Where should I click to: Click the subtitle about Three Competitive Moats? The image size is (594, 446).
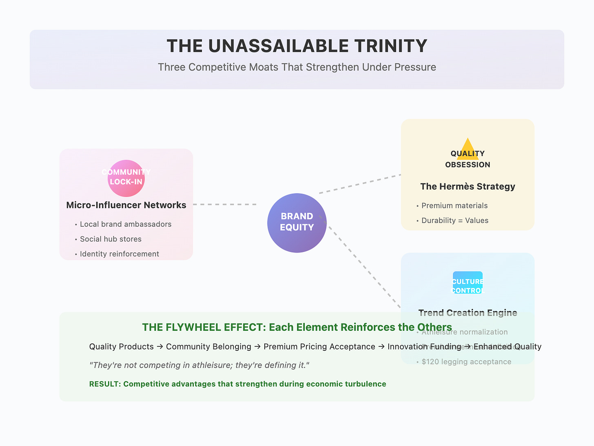click(x=297, y=67)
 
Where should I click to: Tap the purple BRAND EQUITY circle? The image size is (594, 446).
click(x=297, y=223)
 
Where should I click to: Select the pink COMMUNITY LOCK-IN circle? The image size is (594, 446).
click(x=126, y=178)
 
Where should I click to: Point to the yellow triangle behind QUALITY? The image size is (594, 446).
click(x=468, y=148)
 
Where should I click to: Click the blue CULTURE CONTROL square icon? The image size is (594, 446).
click(x=468, y=283)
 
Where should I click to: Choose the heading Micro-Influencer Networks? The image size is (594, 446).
click(x=126, y=205)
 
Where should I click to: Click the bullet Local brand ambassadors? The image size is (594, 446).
click(x=125, y=224)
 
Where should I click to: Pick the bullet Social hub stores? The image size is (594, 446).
click(x=111, y=239)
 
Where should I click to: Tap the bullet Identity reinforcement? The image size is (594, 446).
click(x=119, y=254)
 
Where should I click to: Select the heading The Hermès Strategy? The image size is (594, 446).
click(x=468, y=187)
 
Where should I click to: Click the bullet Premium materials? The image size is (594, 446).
click(x=454, y=205)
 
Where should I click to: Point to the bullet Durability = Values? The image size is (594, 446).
click(x=454, y=221)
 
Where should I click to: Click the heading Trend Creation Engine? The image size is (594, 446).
click(x=468, y=313)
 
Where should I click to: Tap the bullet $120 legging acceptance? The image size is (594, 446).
click(x=466, y=362)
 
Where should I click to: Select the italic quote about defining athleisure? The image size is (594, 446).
click(x=199, y=365)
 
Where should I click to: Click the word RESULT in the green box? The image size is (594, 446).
click(x=104, y=384)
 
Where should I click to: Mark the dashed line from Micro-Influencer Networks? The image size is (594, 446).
click(x=224, y=204)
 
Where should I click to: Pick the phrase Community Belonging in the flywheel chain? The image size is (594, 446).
click(x=208, y=347)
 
